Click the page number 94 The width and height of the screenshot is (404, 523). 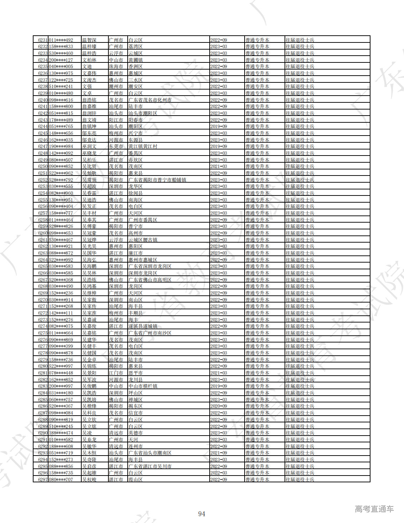(201, 514)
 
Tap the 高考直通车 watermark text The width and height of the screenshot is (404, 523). (374, 509)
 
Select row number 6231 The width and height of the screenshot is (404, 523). (43, 40)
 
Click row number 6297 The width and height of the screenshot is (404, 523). (43, 479)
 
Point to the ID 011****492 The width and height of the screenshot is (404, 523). (61, 40)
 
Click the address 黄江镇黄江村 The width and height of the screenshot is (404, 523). (143, 147)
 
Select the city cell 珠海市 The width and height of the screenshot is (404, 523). (116, 67)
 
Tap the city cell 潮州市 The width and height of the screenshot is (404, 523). (116, 87)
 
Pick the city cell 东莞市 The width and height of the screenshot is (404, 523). (116, 147)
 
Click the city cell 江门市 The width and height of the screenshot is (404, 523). (116, 373)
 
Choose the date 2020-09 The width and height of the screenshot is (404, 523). (219, 406)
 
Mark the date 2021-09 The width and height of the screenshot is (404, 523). (219, 453)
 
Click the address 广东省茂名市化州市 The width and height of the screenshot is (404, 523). (150, 100)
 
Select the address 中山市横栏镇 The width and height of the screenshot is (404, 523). (143, 386)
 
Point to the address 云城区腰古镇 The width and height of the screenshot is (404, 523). (143, 240)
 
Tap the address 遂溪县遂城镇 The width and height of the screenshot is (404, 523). (143, 326)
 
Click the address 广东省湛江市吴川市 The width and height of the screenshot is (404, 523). (150, 466)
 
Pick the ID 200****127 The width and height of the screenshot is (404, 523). (61, 60)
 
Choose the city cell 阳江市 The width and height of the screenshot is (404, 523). (116, 120)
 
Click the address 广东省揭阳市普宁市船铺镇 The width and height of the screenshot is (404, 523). (157, 180)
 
